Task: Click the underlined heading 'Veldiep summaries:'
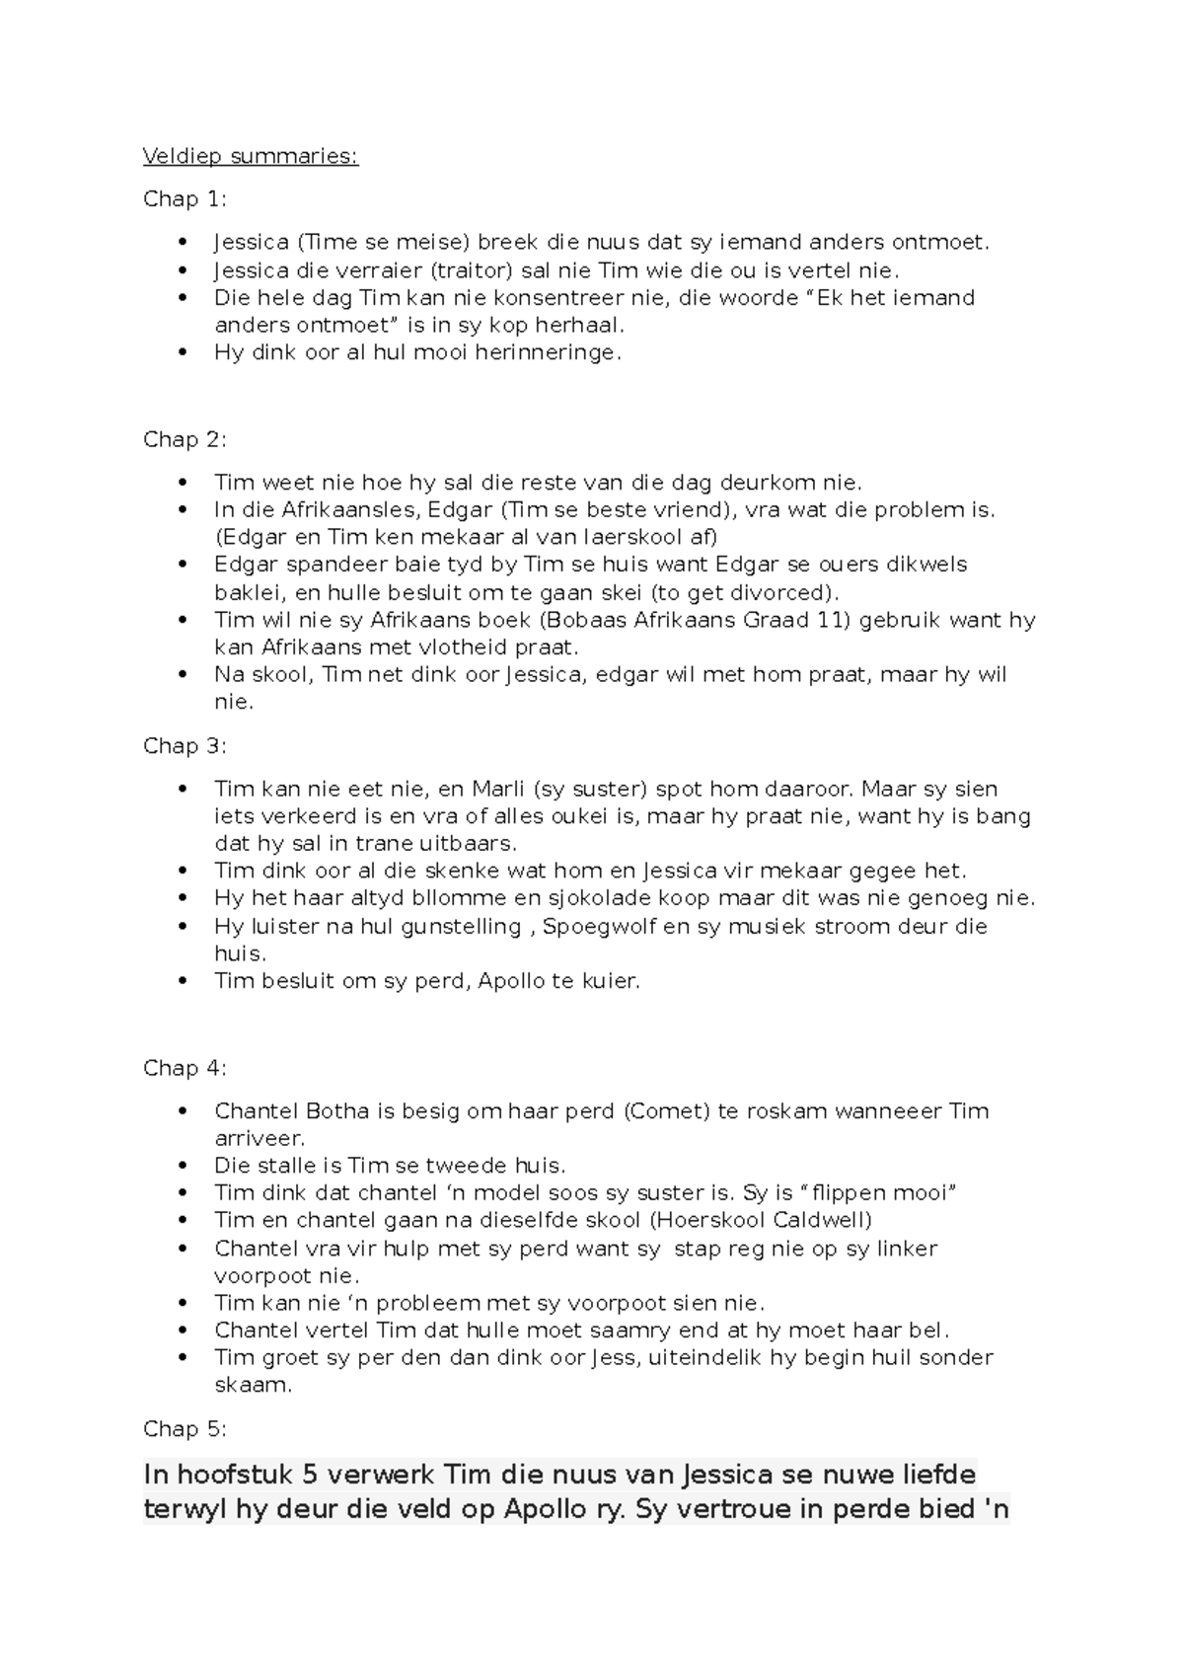point(251,156)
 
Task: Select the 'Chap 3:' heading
point(185,745)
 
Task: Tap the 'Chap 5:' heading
point(185,1428)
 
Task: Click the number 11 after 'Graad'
point(835,620)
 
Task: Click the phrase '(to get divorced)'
point(745,592)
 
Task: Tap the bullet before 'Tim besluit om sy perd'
point(182,981)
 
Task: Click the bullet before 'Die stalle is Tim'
point(182,1166)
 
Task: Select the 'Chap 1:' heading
point(185,199)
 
